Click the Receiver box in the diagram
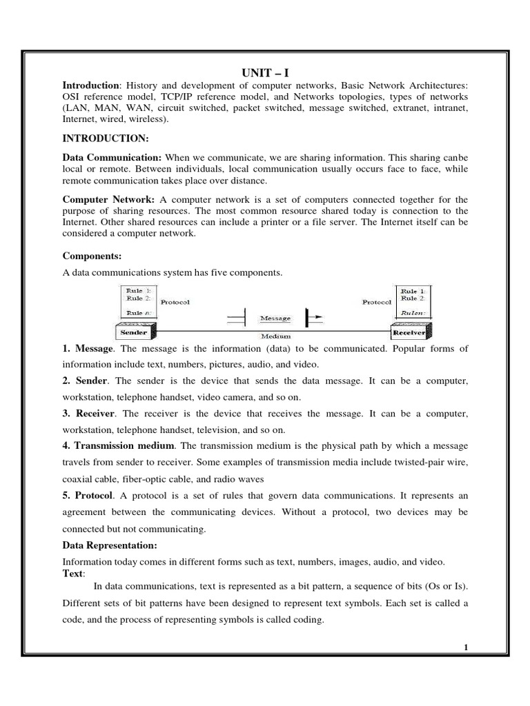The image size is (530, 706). pyautogui.click(x=409, y=332)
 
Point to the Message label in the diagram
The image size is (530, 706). pyautogui.click(x=275, y=319)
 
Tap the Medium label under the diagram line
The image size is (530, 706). pyautogui.click(x=275, y=336)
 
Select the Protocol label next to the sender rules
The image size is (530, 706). pyautogui.click(x=175, y=302)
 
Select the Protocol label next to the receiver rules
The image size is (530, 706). pyautogui.click(x=376, y=302)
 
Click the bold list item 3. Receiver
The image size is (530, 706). pyautogui.click(x=89, y=413)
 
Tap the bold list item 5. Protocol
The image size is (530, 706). pyautogui.click(x=88, y=496)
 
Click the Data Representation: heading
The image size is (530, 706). pyautogui.click(x=110, y=545)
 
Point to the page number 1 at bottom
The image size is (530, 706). pyautogui.click(x=467, y=647)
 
